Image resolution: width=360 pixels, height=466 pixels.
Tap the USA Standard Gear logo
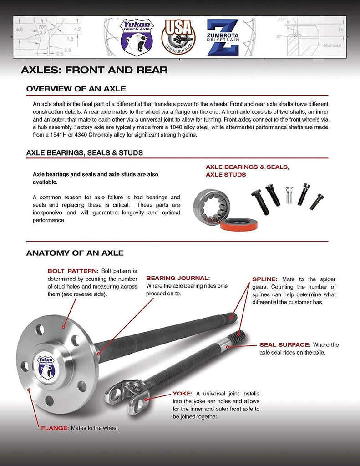click(x=177, y=37)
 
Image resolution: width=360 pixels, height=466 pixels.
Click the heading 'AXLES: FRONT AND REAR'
click(x=94, y=70)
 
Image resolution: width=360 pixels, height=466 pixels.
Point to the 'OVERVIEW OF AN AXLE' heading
click(x=76, y=89)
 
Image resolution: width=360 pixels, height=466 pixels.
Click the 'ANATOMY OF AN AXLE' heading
click(x=75, y=253)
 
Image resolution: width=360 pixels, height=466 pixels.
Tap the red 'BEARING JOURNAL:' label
click(x=178, y=278)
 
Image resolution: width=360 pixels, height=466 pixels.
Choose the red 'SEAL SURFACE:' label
click(x=285, y=345)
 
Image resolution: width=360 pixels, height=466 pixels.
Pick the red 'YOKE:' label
click(x=182, y=393)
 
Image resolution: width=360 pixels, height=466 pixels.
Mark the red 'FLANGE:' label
click(x=55, y=428)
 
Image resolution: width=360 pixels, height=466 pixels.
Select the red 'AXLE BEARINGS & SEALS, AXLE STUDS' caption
click(x=247, y=171)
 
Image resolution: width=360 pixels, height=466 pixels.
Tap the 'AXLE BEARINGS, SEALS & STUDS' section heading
click(x=85, y=153)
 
